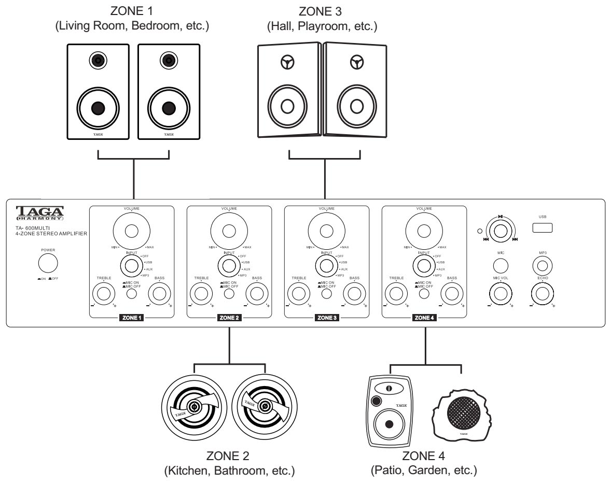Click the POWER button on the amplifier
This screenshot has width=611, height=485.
48,263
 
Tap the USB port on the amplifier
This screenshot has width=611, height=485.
542,227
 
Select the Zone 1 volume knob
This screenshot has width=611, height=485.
131,231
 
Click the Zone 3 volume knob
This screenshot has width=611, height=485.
326,231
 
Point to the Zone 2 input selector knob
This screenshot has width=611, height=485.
229,265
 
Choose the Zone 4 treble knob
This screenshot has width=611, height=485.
396,294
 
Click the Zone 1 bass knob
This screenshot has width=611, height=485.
159,294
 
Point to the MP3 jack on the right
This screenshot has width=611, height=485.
543,266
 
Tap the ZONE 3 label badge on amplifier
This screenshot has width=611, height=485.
327,318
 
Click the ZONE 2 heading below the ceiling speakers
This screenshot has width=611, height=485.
228,456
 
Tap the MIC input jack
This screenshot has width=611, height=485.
500,266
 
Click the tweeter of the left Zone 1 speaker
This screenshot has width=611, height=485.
96,61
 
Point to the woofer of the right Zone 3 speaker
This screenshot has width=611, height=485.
355,106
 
